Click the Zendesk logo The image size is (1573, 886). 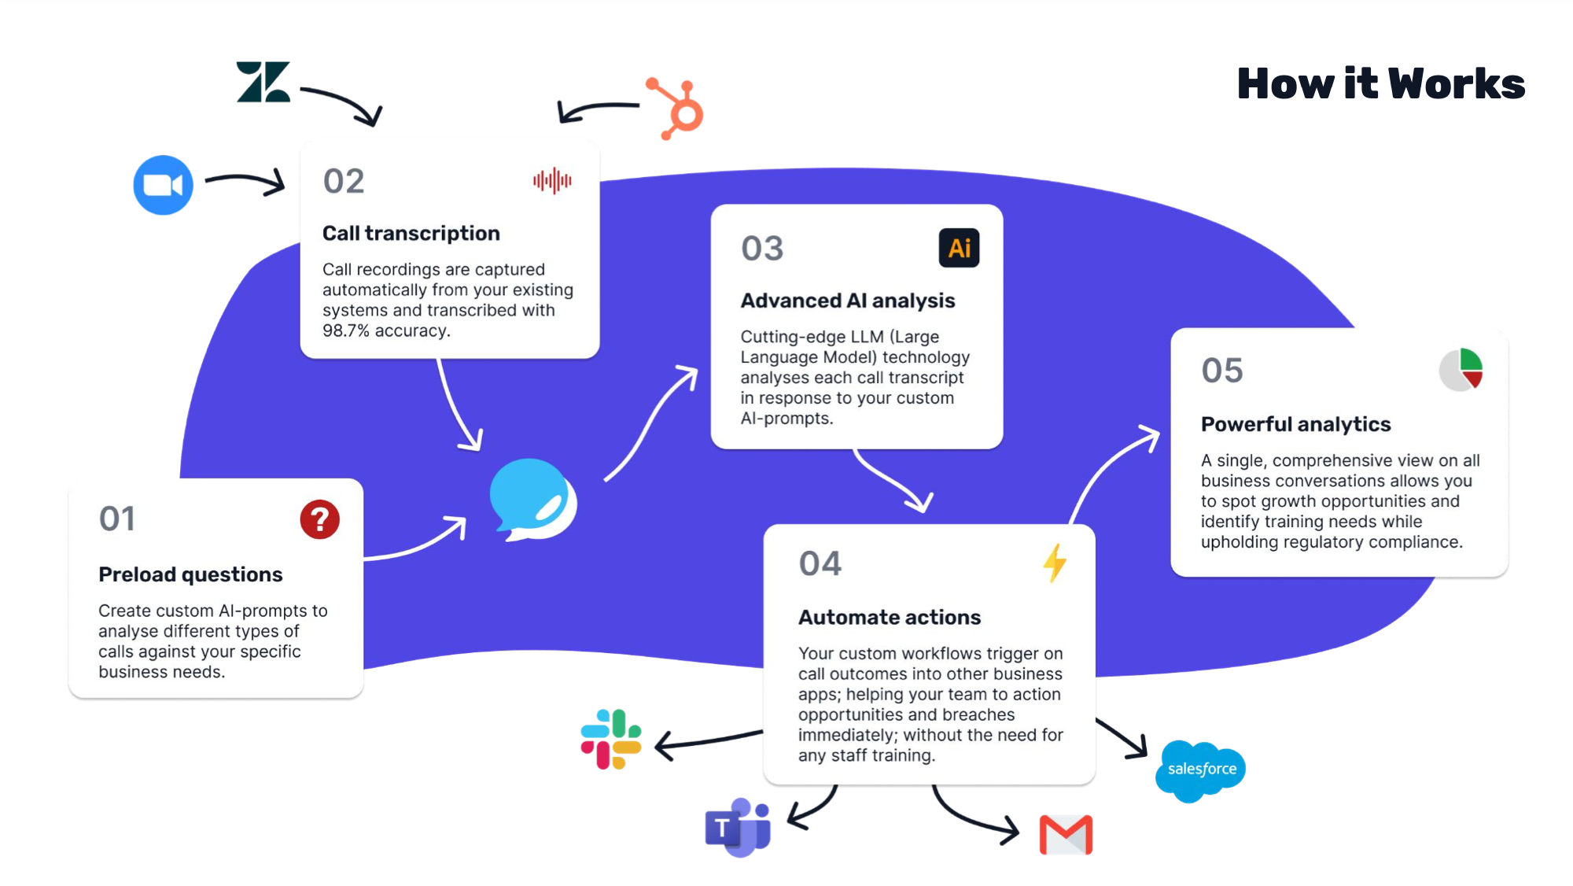coord(263,82)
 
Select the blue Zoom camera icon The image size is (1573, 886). coord(163,185)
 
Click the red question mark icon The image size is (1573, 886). coord(319,519)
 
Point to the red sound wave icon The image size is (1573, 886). coord(552,181)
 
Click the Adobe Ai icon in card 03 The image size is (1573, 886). coord(959,249)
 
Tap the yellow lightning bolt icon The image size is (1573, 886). coord(1055,563)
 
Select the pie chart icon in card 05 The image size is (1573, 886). coord(1461,370)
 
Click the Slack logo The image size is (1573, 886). coord(611,739)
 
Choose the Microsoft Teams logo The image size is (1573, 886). coord(738,828)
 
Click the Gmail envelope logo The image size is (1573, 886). coord(1066,835)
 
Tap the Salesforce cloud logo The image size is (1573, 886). coord(1201,770)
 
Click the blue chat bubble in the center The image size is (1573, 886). coord(532,500)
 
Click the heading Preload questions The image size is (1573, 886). coord(190,574)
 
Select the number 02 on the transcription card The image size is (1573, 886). coord(344,182)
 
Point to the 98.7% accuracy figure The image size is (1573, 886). coord(345,331)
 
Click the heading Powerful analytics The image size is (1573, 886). coord(1295,424)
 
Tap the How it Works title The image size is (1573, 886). coord(1380,83)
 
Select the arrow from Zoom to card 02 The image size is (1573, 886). coord(245,182)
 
